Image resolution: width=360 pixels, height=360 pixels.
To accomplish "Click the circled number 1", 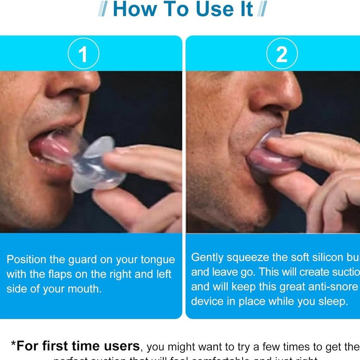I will pyautogui.click(x=83, y=54).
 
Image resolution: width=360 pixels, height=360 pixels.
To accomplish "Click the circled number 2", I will pyautogui.click(x=281, y=54).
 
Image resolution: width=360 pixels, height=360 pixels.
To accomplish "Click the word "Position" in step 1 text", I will pyautogui.click(x=26, y=260).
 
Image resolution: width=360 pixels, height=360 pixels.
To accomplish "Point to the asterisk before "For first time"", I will pyautogui.click(x=14, y=344).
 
